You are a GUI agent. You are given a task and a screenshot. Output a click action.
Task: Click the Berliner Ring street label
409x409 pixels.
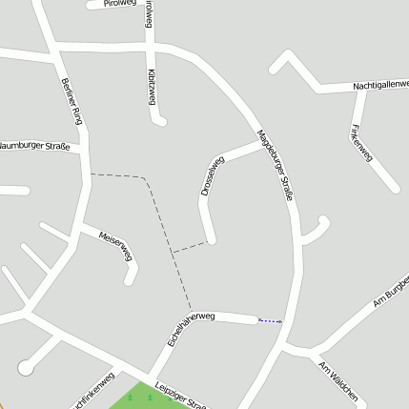tap(72, 101)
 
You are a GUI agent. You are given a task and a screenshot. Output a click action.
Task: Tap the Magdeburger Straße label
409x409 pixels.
tap(274, 163)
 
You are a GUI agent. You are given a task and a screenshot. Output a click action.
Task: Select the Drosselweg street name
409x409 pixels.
tap(212, 176)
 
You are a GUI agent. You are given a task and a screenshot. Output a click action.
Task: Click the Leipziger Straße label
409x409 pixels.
tap(180, 392)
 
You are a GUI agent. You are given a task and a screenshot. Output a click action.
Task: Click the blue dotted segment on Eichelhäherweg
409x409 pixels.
tap(270, 321)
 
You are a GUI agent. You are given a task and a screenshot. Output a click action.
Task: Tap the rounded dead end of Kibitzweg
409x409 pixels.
tap(160, 120)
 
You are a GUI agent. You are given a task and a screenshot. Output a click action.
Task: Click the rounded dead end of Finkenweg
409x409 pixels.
tap(394, 188)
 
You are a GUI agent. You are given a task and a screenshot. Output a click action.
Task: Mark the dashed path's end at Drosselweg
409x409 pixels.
tap(206, 242)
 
